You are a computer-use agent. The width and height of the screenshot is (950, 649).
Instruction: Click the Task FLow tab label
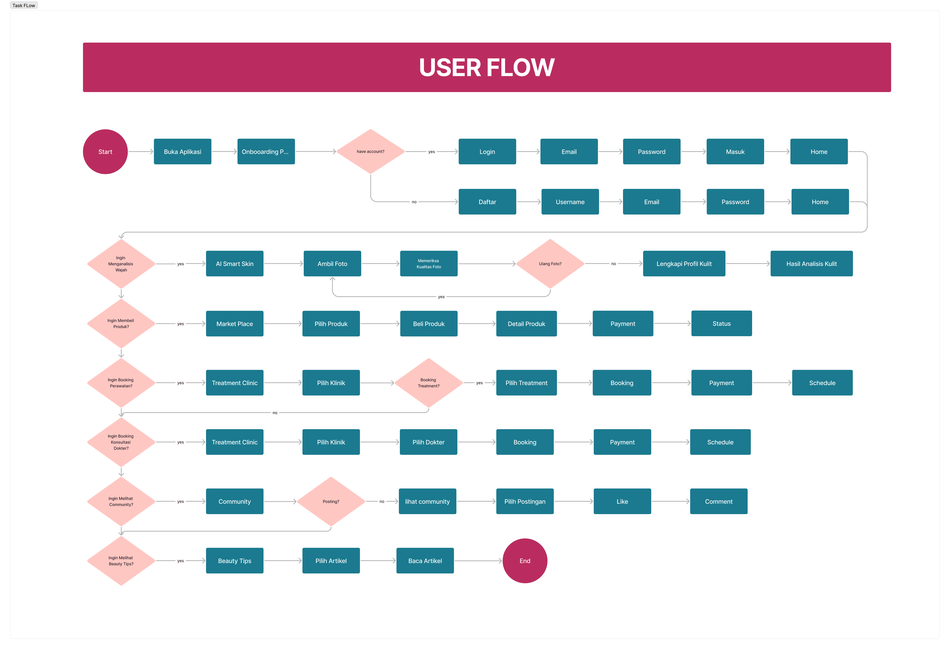[x=24, y=5]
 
